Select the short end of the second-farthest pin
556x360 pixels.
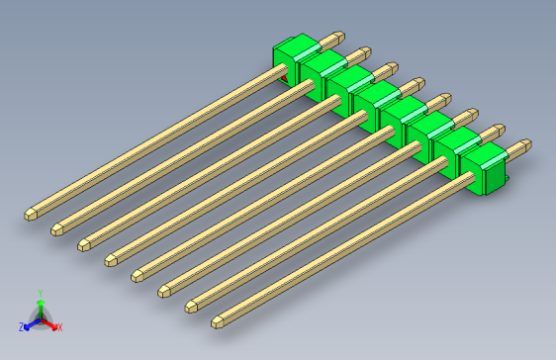point(366,51)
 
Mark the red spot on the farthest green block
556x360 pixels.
point(283,77)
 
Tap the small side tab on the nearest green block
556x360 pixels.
point(506,179)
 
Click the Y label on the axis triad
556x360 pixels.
point(40,293)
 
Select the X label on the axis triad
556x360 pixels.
point(59,326)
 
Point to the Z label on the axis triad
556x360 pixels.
point(21,326)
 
